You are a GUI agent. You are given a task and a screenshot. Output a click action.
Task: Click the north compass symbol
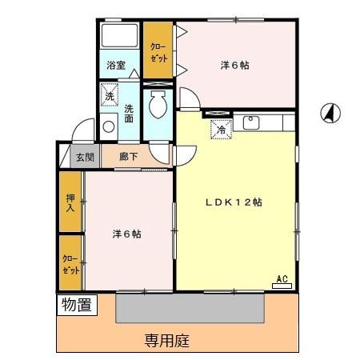coord(329,114)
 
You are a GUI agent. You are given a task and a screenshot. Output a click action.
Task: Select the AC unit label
coord(282,279)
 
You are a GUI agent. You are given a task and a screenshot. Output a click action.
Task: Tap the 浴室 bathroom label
coord(116,66)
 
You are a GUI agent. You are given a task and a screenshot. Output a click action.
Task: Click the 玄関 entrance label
coord(85,158)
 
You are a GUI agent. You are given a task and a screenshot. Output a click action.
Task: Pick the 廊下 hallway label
coord(128,158)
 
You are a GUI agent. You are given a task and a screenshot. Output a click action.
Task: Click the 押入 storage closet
coord(70,202)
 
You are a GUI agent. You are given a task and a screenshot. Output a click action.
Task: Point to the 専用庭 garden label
coord(167,341)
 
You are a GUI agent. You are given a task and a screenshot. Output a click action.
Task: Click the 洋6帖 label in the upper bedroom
coord(234,66)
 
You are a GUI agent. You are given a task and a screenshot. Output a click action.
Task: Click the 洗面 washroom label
coord(130,114)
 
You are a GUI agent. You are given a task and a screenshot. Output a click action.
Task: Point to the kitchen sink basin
coord(251,122)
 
